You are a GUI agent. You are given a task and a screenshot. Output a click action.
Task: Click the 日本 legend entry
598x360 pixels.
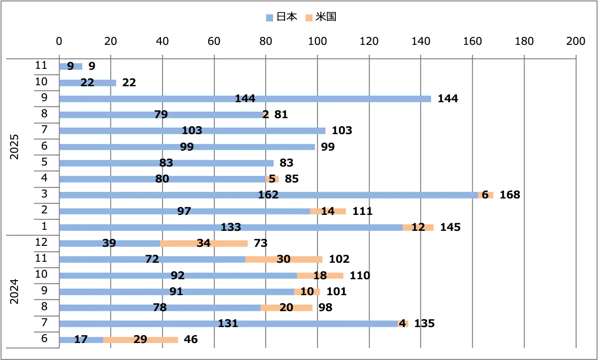(x=282, y=17)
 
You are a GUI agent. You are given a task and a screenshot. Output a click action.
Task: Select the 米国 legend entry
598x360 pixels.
(x=321, y=17)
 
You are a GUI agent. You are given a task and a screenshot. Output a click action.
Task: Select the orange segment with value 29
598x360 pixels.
(x=140, y=340)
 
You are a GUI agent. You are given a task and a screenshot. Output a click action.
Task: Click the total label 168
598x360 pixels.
(x=510, y=195)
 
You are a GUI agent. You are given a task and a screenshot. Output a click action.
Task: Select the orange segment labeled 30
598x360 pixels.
(x=284, y=259)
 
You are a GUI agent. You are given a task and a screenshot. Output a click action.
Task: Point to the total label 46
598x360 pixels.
(x=190, y=340)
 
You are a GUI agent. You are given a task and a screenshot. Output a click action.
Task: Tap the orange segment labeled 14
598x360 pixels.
(x=327, y=211)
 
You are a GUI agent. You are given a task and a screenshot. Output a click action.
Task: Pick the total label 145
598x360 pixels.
(x=450, y=227)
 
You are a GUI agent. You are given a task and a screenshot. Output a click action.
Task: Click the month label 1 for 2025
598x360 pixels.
(x=44, y=227)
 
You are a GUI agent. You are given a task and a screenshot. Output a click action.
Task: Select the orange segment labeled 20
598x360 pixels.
(x=286, y=308)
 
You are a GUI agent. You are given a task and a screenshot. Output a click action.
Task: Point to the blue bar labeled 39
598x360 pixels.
(x=110, y=243)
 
